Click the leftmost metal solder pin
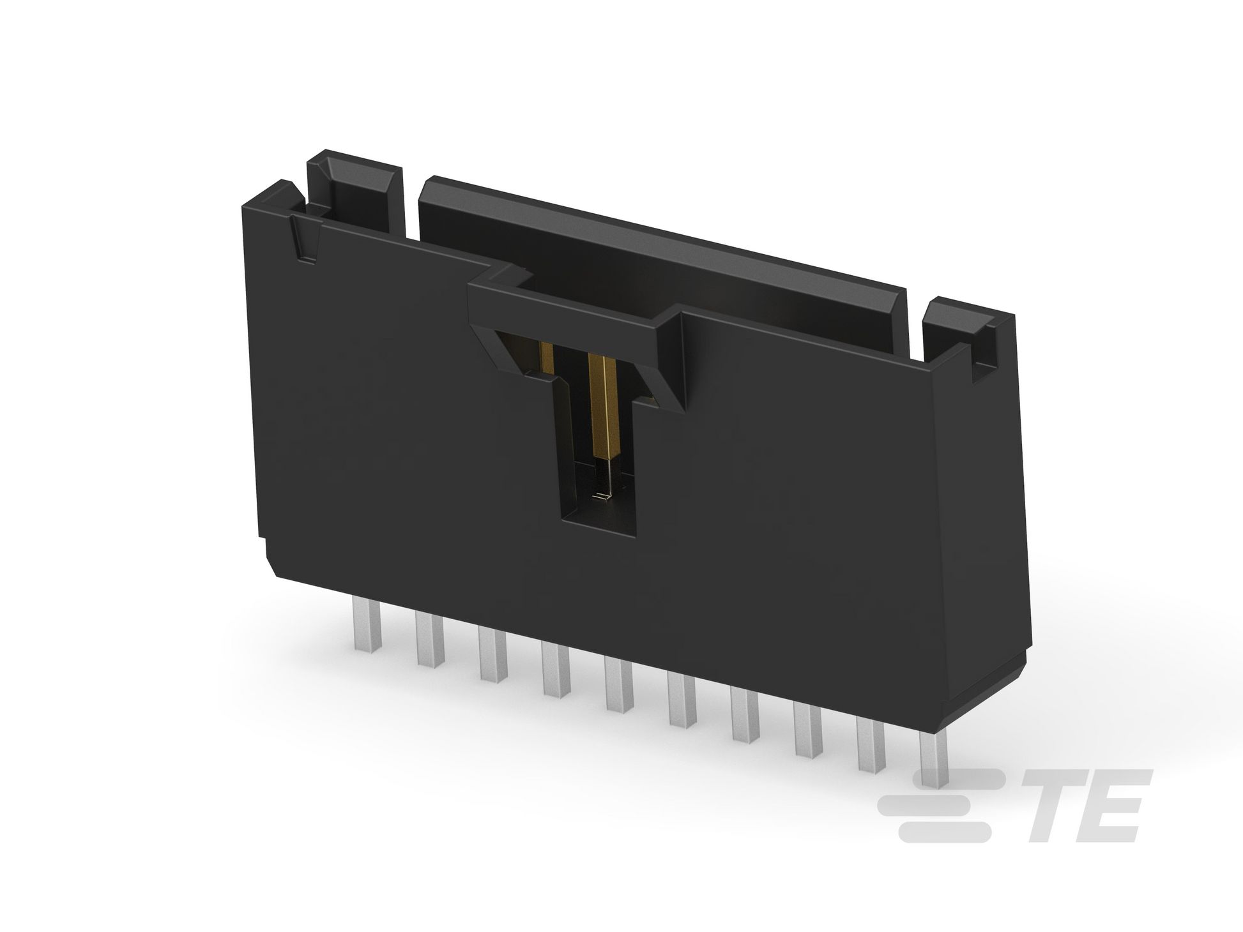366,626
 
